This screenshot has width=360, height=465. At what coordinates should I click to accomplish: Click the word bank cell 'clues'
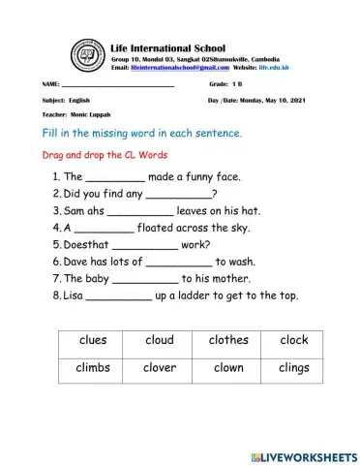click(x=94, y=341)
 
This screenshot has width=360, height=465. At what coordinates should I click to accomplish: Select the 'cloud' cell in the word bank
click(x=160, y=341)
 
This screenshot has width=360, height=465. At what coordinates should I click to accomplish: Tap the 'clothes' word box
click(x=227, y=341)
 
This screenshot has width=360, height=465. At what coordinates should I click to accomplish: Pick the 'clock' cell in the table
click(x=294, y=341)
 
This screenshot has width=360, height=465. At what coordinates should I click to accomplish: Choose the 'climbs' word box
click(x=94, y=368)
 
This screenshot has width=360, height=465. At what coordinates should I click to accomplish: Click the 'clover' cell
click(x=160, y=368)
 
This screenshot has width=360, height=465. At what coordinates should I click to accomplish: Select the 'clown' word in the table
click(x=227, y=368)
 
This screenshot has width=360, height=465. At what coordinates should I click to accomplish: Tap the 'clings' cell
click(x=294, y=368)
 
